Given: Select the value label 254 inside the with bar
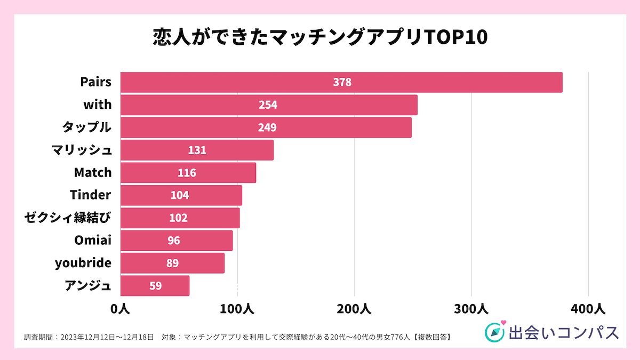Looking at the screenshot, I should tap(268, 105).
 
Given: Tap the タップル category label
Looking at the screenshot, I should tap(87, 127).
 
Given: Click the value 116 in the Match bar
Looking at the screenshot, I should tap(187, 173).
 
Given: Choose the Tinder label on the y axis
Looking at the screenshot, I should tap(91, 195).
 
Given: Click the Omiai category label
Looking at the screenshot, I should tap(93, 241).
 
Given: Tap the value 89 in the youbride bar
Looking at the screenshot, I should tap(172, 263).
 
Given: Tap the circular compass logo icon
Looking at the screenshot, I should tap(494, 331).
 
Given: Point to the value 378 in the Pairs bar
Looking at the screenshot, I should tap(342, 82).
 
